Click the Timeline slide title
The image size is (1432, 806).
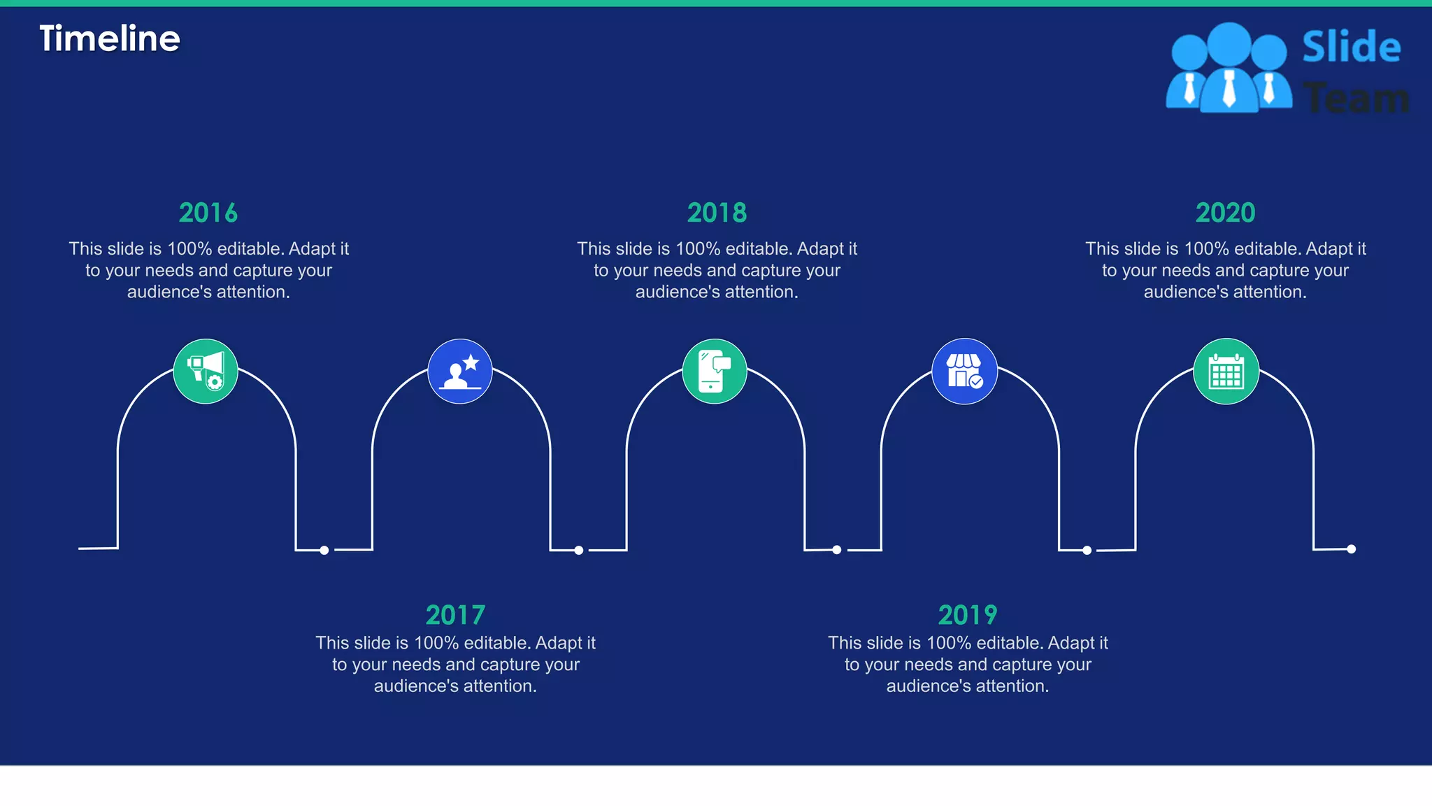[x=110, y=38]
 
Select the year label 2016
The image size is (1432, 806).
[x=208, y=213]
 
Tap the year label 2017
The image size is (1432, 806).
[x=455, y=615]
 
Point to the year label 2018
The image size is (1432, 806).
[x=717, y=213]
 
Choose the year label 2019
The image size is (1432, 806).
[x=968, y=615]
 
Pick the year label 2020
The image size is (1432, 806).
[x=1225, y=213]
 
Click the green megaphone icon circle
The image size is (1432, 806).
[x=206, y=372]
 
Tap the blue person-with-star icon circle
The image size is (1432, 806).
[x=460, y=372]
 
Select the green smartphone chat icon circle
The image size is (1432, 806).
[x=715, y=372]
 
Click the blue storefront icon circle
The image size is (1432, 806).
[x=965, y=372]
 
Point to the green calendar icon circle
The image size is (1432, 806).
[x=1226, y=372]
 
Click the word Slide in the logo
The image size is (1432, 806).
[x=1352, y=47]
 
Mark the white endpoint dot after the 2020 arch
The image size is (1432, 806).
[x=1352, y=549]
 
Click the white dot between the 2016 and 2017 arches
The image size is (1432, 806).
[x=324, y=551]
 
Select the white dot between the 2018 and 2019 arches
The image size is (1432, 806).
[x=837, y=550]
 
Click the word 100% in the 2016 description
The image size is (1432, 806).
[x=189, y=249]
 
